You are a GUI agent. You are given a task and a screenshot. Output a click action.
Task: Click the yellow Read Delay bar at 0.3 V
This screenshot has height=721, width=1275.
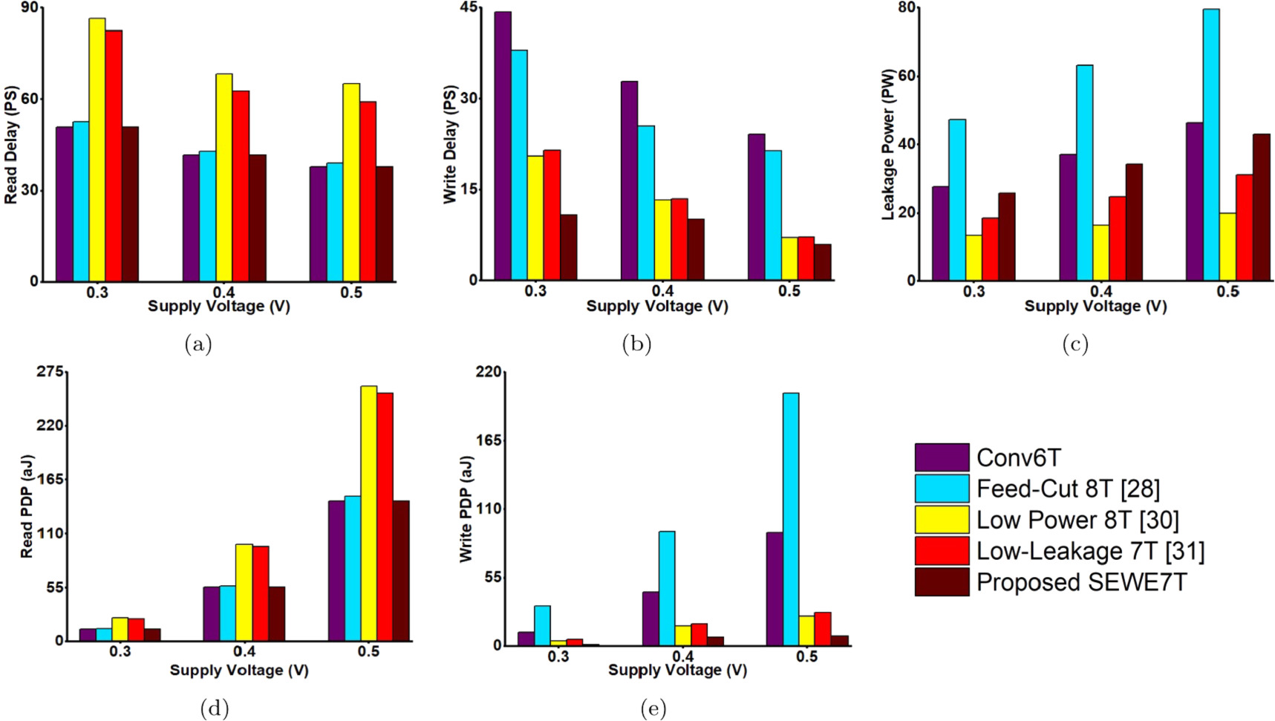pyautogui.click(x=97, y=149)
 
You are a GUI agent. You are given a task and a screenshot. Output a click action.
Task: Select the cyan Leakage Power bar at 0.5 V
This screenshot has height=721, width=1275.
pyautogui.click(x=1211, y=145)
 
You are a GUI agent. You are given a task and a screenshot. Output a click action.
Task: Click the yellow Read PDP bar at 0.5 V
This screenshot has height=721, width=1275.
pyautogui.click(x=369, y=512)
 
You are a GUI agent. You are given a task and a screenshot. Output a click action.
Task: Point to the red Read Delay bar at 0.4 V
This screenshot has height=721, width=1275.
pyautogui.click(x=241, y=186)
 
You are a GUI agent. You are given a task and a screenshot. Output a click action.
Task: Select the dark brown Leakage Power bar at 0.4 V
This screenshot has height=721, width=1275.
pyautogui.click(x=1134, y=222)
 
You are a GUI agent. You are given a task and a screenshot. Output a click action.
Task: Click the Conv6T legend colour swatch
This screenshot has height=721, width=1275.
pyautogui.click(x=942, y=457)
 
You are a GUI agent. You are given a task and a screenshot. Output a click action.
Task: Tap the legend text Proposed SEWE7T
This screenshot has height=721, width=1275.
pyautogui.click(x=1081, y=582)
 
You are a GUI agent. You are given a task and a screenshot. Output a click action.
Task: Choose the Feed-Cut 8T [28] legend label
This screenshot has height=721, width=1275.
pyautogui.click(x=1068, y=489)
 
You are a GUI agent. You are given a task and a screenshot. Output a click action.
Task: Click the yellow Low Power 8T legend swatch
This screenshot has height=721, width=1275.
pyautogui.click(x=942, y=520)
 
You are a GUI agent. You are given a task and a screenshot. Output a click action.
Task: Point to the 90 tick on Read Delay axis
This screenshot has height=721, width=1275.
pyautogui.click(x=30, y=8)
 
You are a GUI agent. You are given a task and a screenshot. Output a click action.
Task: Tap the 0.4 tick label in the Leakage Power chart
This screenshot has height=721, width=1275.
pyautogui.click(x=1100, y=292)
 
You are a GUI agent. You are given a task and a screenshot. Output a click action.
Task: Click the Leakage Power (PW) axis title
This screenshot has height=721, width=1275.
pyautogui.click(x=888, y=145)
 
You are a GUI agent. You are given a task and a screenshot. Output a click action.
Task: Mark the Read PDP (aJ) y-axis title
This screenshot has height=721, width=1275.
pyautogui.click(x=27, y=506)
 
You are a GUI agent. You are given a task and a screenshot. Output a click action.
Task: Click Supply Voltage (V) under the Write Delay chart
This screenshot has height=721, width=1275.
pyautogui.click(x=656, y=306)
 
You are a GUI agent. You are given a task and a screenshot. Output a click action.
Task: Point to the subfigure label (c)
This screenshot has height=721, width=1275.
pyautogui.click(x=1075, y=344)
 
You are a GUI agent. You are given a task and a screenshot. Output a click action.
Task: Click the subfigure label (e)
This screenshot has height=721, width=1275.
pyautogui.click(x=653, y=709)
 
